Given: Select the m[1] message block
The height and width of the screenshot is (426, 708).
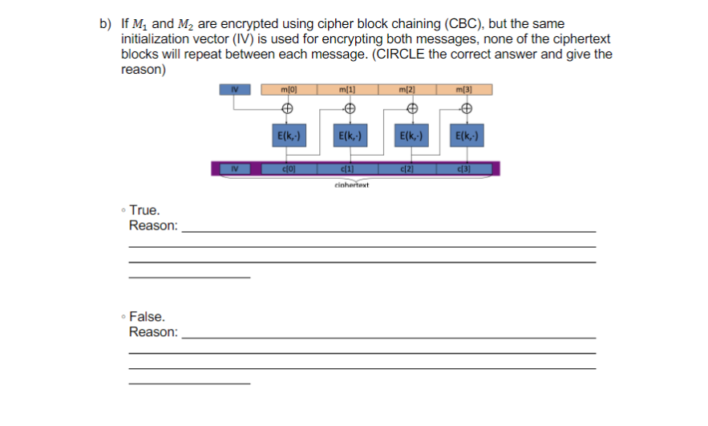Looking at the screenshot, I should (x=347, y=90).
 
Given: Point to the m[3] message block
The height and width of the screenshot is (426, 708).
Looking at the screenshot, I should (x=465, y=90).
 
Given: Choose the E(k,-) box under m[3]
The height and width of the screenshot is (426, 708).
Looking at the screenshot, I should (x=465, y=136).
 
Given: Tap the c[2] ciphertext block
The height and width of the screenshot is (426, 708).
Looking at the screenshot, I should (x=407, y=168).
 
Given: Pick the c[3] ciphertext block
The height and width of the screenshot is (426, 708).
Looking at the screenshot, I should (x=463, y=168).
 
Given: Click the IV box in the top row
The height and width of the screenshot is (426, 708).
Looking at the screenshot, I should (x=235, y=90).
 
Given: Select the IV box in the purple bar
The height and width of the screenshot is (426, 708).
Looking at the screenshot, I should (x=234, y=168).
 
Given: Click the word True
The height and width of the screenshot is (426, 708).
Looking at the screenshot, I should (x=144, y=210).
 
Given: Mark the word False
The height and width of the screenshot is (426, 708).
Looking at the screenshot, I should (x=147, y=317).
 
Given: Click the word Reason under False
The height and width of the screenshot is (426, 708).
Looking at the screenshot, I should (x=153, y=332).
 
